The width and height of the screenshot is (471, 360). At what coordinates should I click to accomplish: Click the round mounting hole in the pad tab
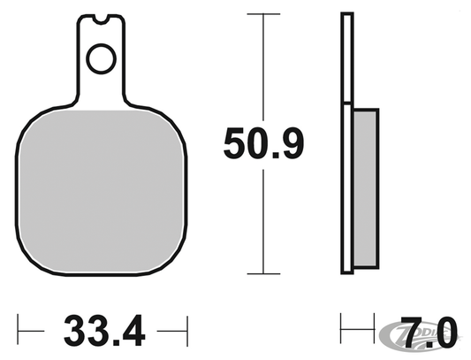(x=101, y=60)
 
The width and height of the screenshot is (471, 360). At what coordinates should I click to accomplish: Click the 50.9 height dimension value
(x=263, y=142)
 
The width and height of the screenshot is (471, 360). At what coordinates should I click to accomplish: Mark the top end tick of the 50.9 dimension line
(x=262, y=14)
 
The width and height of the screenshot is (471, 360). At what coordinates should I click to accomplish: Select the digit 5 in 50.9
(x=234, y=142)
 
